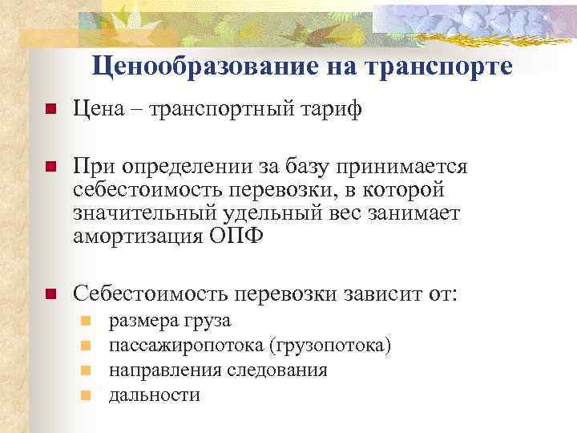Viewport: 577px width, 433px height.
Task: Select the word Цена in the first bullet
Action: click(100, 109)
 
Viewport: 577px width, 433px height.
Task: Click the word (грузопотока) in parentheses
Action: click(331, 346)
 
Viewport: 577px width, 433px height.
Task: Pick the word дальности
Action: click(154, 395)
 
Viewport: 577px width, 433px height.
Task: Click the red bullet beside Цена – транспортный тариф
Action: click(50, 110)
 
